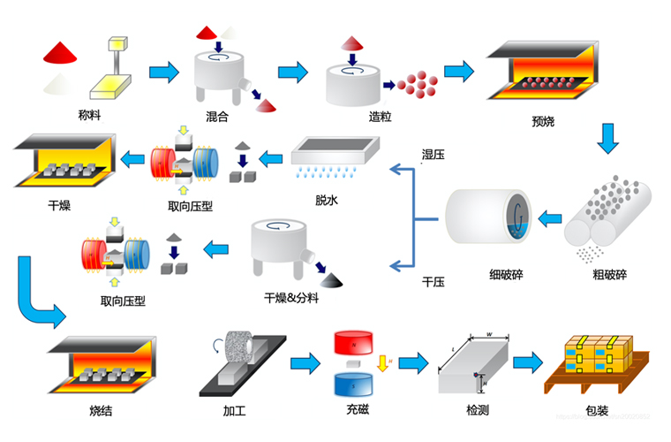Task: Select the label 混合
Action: (x=218, y=116)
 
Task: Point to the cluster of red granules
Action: (x=418, y=85)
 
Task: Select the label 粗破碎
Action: (x=609, y=274)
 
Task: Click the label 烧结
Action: (x=102, y=411)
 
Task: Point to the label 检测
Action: (x=478, y=411)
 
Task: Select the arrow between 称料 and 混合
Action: (x=162, y=72)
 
